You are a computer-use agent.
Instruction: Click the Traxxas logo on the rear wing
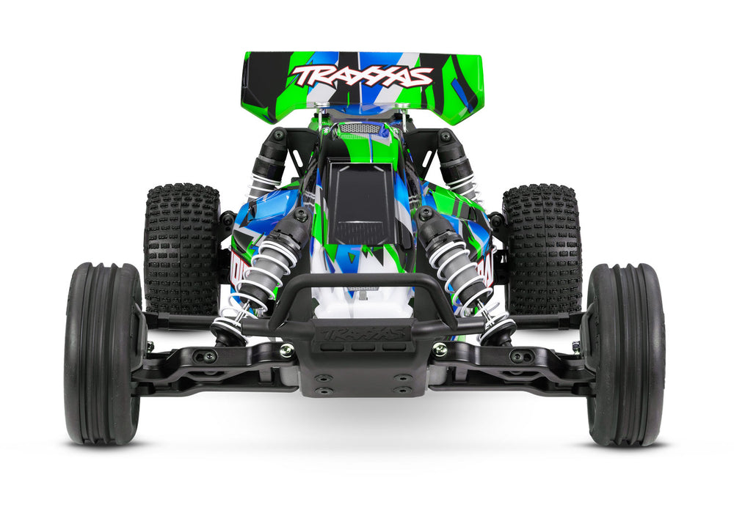pyautogui.click(x=362, y=75)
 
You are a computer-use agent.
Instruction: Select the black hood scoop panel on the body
pyautogui.click(x=362, y=202)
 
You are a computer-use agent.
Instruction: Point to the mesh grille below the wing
pyautogui.click(x=361, y=128)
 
